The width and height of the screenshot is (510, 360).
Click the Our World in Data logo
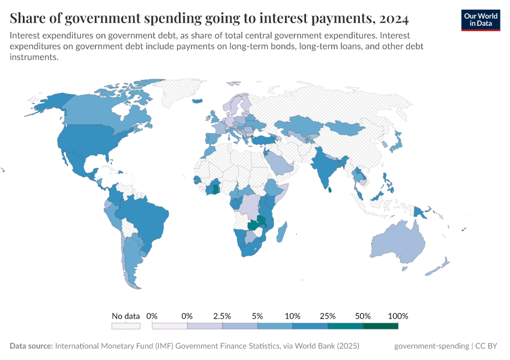click(x=480, y=20)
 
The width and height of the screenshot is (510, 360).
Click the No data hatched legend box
click(x=126, y=326)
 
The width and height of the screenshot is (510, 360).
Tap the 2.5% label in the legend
click(x=222, y=316)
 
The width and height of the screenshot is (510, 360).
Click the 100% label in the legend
click(x=398, y=316)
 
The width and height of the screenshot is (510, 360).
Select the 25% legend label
click(x=328, y=316)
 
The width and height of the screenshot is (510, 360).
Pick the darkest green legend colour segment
click(x=380, y=326)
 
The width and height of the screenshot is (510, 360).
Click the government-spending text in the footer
click(x=431, y=346)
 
